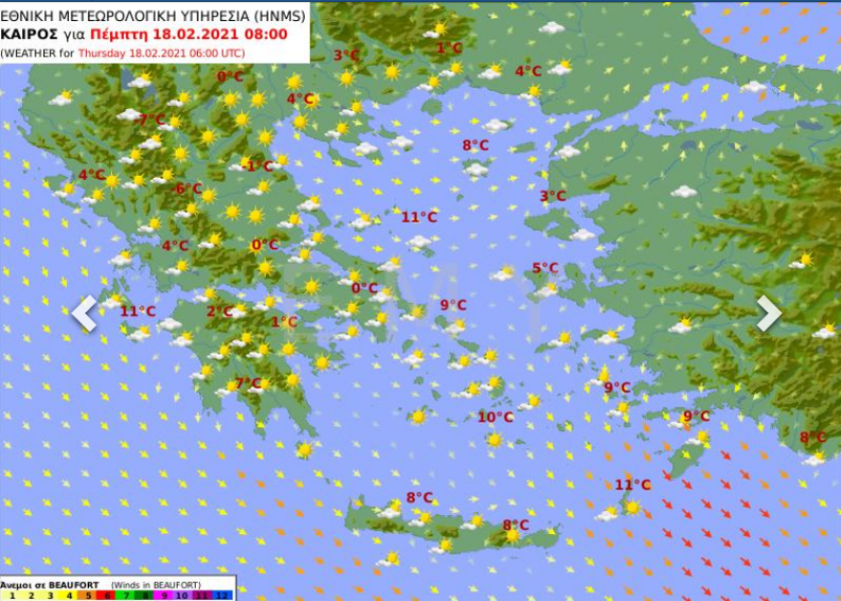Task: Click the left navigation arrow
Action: [x=84, y=313]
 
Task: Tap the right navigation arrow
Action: [x=768, y=313]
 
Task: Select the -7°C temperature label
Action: [x=150, y=120]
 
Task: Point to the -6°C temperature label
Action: [x=187, y=189]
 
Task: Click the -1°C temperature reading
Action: [x=258, y=166]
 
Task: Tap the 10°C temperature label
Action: [x=495, y=418]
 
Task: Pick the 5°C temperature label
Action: [x=545, y=268]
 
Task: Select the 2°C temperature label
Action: [x=220, y=311]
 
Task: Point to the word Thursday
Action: [x=101, y=52]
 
